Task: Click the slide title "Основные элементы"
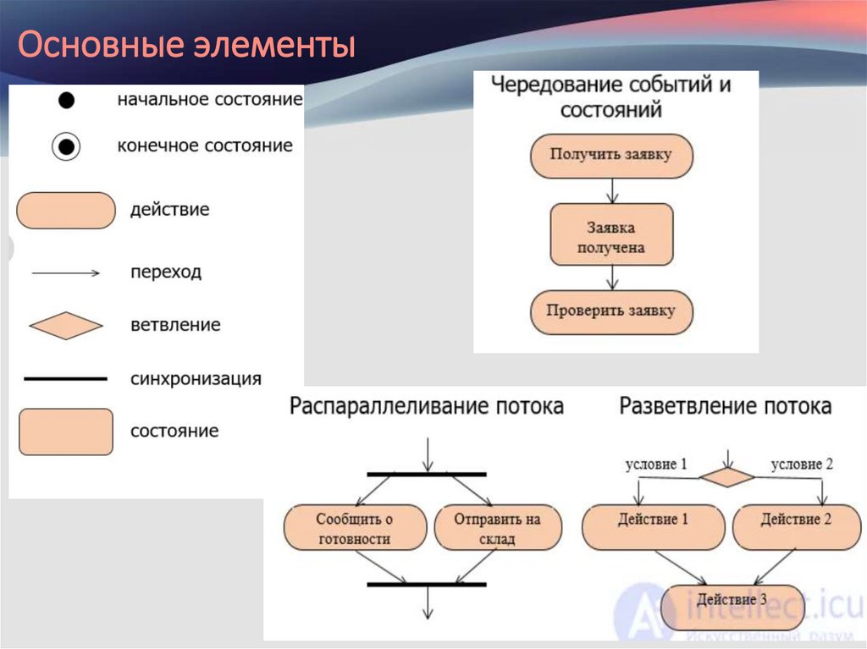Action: pyautogui.click(x=186, y=46)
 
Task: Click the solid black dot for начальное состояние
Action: pyautogui.click(x=66, y=101)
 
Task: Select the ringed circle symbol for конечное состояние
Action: pyautogui.click(x=66, y=147)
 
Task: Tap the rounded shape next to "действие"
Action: pyautogui.click(x=66, y=211)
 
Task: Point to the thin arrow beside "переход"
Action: pyautogui.click(x=66, y=273)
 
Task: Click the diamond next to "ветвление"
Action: pyautogui.click(x=65, y=326)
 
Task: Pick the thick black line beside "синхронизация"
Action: pyautogui.click(x=65, y=379)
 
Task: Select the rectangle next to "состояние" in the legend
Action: pyautogui.click(x=65, y=432)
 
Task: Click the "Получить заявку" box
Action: pyautogui.click(x=611, y=155)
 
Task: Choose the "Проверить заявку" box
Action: pyautogui.click(x=611, y=311)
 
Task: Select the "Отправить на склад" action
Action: pyautogui.click(x=498, y=528)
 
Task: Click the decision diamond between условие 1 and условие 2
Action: pyautogui.click(x=726, y=477)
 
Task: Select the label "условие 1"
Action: pyautogui.click(x=655, y=465)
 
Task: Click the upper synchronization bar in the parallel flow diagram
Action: pyautogui.click(x=427, y=475)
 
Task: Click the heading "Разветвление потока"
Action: pyautogui.click(x=726, y=407)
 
